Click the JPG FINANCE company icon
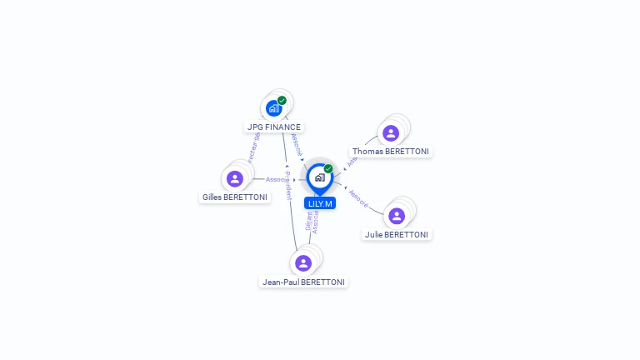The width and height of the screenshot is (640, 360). pyautogui.click(x=273, y=107)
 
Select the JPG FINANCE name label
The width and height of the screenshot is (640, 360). pyautogui.click(x=274, y=127)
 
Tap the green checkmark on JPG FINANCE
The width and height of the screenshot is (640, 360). pyautogui.click(x=282, y=101)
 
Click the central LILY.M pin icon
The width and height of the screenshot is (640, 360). pyautogui.click(x=319, y=177)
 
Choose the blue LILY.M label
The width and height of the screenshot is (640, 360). pyautogui.click(x=320, y=203)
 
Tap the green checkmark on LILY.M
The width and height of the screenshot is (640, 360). pyautogui.click(x=328, y=169)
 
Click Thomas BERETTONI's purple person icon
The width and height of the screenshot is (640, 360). pyautogui.click(x=390, y=133)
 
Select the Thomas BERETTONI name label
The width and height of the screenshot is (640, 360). pyautogui.click(x=391, y=152)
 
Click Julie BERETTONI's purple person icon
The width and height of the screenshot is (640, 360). pyautogui.click(x=397, y=216)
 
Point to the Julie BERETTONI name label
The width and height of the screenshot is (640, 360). pyautogui.click(x=397, y=235)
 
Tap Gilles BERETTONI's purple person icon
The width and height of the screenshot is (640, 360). pyautogui.click(x=235, y=178)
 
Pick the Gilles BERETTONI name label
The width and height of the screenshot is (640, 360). pyautogui.click(x=235, y=197)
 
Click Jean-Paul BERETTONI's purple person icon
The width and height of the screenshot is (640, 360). pyautogui.click(x=303, y=263)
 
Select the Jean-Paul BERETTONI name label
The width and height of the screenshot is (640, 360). pyautogui.click(x=303, y=282)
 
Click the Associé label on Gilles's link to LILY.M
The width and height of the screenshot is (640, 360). pyautogui.click(x=277, y=179)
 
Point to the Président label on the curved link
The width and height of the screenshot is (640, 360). pyautogui.click(x=287, y=186)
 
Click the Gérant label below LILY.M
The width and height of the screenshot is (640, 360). pyautogui.click(x=308, y=222)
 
